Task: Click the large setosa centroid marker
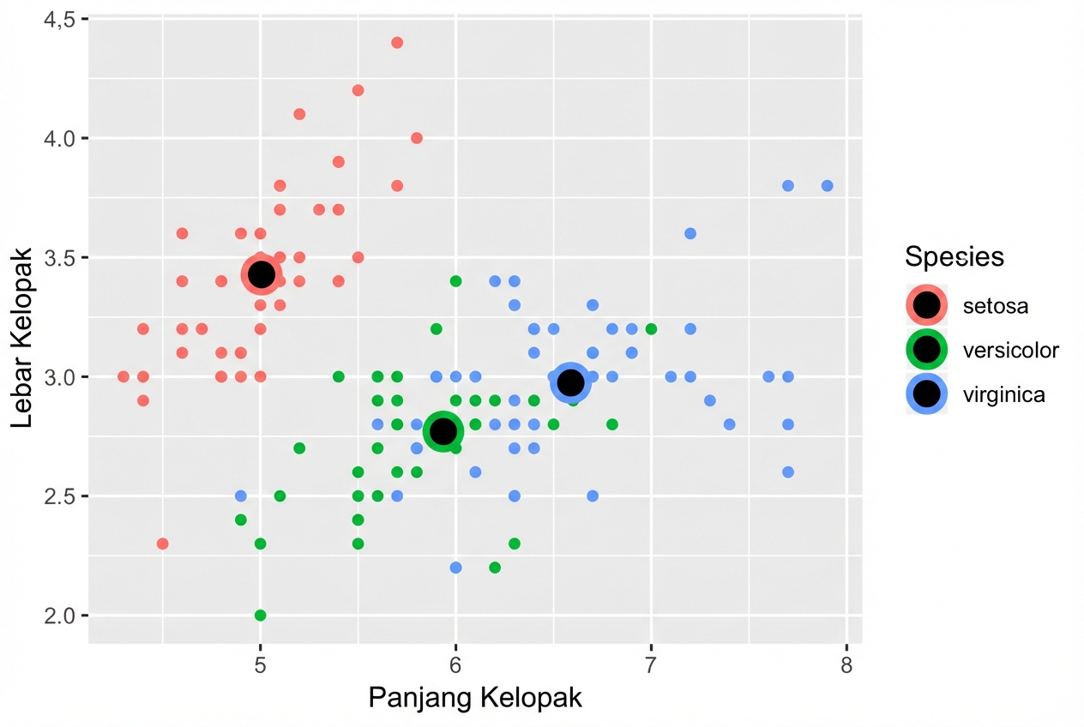pos(261,274)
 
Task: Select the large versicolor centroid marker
pos(443,430)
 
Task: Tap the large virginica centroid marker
pos(570,382)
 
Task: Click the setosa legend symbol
pos(926,304)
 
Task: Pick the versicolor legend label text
pos(1010,350)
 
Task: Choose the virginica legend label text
pos(1003,394)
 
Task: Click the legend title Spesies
pos(955,256)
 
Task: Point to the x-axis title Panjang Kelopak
pos(475,698)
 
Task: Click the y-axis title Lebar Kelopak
pos(23,338)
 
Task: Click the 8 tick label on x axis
pos(846,665)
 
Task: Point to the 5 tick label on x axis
pos(261,665)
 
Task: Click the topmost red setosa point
pos(397,43)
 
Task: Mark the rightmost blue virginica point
pos(827,185)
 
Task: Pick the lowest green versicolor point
pos(261,615)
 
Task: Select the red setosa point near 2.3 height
pos(163,544)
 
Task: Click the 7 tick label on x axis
pos(651,665)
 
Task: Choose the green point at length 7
pos(651,328)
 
